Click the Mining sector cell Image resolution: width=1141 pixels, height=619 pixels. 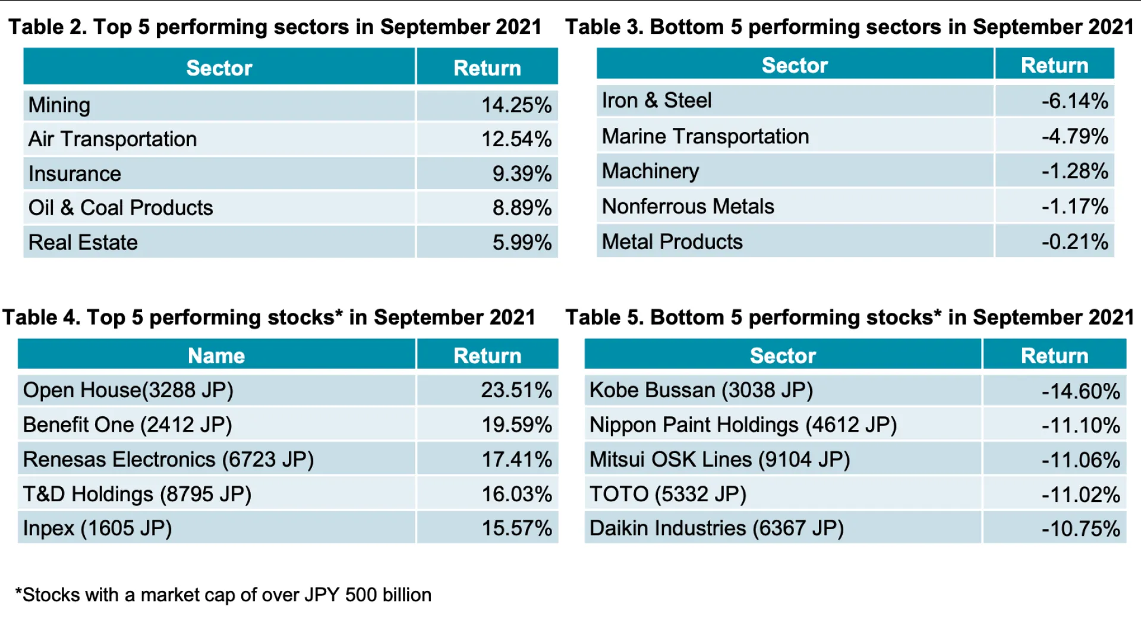(x=59, y=105)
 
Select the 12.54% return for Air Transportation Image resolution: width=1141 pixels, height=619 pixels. (x=516, y=139)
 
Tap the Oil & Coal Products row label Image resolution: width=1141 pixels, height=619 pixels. (x=121, y=208)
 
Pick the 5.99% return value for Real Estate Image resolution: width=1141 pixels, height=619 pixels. (x=521, y=242)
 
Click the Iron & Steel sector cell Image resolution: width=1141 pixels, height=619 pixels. (x=656, y=100)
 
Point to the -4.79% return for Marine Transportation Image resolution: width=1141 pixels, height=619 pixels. (x=1074, y=136)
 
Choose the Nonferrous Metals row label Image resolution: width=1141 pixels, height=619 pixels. (x=688, y=206)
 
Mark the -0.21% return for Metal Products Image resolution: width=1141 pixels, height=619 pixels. (x=1074, y=241)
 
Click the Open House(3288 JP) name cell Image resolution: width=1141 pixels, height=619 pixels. (x=128, y=390)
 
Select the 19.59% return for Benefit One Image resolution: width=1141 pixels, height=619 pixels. (x=516, y=425)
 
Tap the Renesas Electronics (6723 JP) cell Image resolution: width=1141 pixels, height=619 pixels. (x=168, y=459)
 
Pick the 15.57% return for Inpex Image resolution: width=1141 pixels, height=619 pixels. (x=516, y=528)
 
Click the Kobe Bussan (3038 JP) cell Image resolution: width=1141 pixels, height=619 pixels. (x=701, y=390)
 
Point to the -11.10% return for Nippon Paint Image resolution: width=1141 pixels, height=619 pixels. (x=1080, y=425)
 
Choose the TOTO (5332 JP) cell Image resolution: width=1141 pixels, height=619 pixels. (x=667, y=494)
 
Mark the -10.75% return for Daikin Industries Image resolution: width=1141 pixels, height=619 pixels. (x=1080, y=529)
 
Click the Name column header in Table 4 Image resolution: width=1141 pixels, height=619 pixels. (x=216, y=356)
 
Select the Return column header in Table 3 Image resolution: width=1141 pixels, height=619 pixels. (x=1054, y=65)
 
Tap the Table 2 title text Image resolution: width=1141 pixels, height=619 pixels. (x=275, y=27)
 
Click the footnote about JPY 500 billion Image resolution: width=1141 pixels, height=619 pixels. (x=223, y=595)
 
